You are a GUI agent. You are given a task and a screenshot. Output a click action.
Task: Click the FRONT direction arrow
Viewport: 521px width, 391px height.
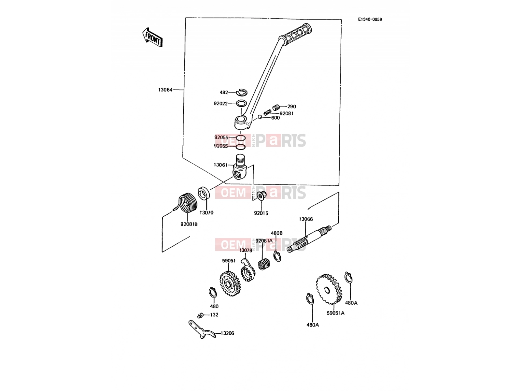coord(152,37)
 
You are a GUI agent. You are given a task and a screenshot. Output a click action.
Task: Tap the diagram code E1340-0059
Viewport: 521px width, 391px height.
coord(370,20)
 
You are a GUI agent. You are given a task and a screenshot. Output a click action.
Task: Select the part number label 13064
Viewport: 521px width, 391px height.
coord(165,90)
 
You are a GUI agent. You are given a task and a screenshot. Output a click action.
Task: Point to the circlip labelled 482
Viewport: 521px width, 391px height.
coord(242,93)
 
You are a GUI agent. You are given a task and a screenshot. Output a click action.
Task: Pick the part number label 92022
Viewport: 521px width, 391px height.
coord(220,104)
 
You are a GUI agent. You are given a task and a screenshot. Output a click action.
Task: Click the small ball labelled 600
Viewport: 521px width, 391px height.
coord(260,117)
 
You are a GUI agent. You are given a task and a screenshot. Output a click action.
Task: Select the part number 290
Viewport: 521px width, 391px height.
coord(291,107)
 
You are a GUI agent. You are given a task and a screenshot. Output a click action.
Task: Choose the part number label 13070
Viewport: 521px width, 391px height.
coord(206,213)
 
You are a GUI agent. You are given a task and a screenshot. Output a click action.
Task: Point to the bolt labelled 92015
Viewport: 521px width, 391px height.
coord(261,195)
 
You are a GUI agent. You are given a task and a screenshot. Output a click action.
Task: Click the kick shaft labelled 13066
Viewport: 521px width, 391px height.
coord(309,239)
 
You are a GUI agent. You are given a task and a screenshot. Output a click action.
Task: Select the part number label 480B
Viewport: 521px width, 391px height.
coord(277,233)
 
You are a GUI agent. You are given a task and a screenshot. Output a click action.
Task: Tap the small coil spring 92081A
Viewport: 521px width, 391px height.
coord(264,264)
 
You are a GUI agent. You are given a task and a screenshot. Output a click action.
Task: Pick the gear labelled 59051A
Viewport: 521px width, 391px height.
coord(329,289)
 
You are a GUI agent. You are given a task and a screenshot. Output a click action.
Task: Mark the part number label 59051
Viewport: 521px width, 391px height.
coord(229,261)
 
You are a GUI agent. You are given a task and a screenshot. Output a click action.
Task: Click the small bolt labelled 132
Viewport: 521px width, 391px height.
coord(200,315)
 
